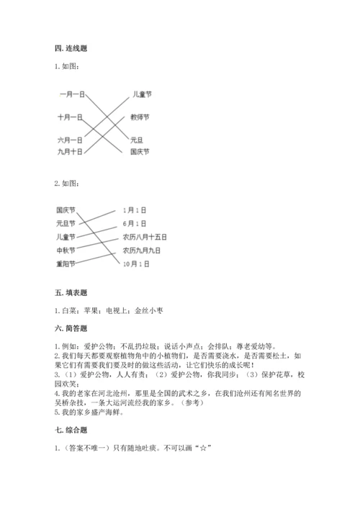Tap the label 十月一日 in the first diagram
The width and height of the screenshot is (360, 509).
point(70,117)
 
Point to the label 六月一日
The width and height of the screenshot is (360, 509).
point(70,139)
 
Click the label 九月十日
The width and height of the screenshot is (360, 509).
point(70,152)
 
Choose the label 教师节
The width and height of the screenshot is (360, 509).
point(140,117)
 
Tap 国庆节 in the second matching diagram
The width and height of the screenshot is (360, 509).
point(66,210)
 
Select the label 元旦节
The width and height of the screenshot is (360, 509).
point(66,223)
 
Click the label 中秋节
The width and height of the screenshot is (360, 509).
point(66,251)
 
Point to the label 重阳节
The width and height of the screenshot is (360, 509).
point(66,264)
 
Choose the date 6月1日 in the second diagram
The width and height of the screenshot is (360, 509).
point(135,223)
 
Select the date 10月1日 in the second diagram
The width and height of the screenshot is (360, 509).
point(136,264)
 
